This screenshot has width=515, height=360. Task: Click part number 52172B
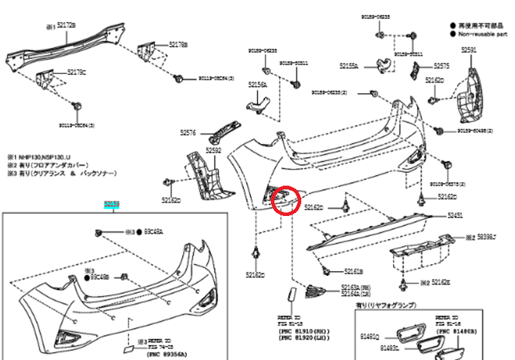coord(66,25)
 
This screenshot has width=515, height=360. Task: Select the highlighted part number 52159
coord(112,205)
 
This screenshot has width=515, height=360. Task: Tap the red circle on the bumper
coord(287,198)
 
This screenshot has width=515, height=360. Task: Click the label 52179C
coord(77,72)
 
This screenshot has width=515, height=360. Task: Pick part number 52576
coord(189,132)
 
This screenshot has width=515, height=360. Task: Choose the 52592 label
coord(213,150)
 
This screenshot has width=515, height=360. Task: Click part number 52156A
coord(257,84)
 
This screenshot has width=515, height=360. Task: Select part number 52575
coord(442,65)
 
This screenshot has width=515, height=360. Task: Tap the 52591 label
coord(469,49)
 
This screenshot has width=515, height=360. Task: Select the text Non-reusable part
coord(484,32)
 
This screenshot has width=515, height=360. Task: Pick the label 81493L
coord(390,348)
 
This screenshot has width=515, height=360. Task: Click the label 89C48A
coord(155,231)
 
